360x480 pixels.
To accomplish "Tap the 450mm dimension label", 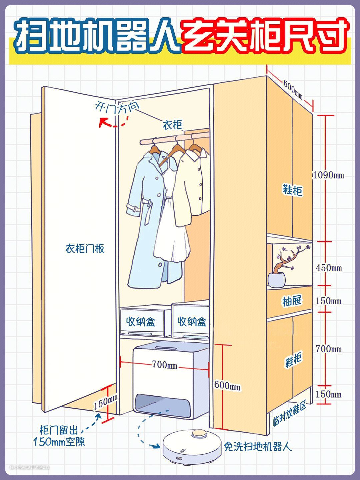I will pos(329,268).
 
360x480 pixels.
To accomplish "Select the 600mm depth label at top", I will pos(293,89).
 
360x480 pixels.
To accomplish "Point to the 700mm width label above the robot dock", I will pos(165,365).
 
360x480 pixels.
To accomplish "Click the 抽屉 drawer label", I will pos(292,301).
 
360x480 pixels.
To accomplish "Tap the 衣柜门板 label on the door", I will pos(85,248).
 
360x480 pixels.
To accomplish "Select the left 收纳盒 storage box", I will pos(141,322).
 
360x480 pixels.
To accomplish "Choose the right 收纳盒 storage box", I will pos(192,322).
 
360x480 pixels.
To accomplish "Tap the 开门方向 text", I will pos(117,107).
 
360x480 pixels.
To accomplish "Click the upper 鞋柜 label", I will pos(292,190).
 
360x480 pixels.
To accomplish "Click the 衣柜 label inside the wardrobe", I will pos(172,125).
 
